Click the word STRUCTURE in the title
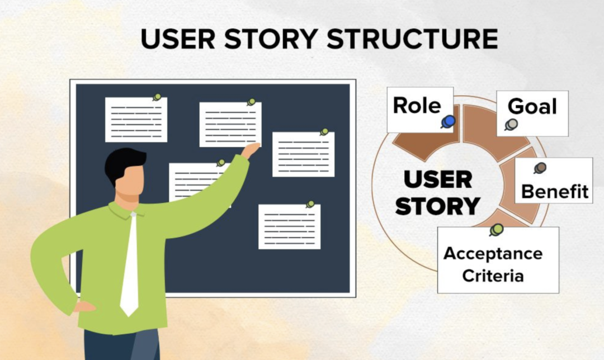[412, 39]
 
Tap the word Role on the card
[417, 105]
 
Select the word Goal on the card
[532, 106]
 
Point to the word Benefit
[555, 191]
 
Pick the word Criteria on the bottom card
[493, 276]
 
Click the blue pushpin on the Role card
[449, 122]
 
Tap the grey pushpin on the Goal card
[511, 124]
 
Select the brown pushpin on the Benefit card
[540, 168]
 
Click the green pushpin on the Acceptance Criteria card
[497, 230]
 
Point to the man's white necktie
[130, 264]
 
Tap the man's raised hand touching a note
[251, 150]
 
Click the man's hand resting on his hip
[84, 307]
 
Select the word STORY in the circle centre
[437, 206]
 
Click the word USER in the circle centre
[438, 179]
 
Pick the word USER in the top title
[178, 39]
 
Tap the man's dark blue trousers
[122, 344]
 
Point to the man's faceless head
[127, 174]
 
